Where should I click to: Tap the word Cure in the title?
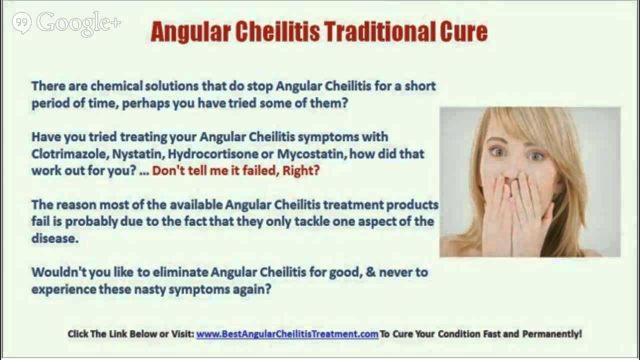coord(463,32)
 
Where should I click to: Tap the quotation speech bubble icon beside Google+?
coord(21,23)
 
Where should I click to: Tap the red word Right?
coord(301,170)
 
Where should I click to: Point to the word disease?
coord(54,238)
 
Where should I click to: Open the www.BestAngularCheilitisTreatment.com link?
coord(287,334)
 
